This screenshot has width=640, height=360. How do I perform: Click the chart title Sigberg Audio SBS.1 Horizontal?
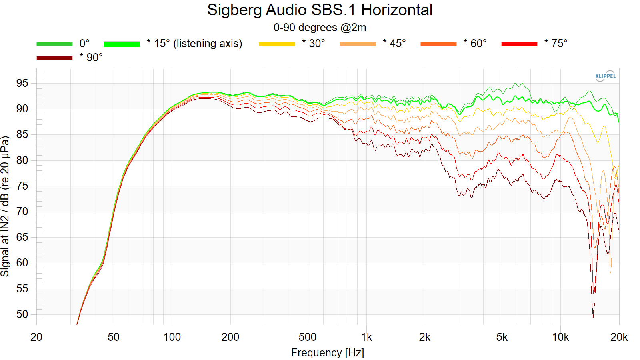(x=320, y=10)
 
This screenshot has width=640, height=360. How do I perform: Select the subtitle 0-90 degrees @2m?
(x=320, y=28)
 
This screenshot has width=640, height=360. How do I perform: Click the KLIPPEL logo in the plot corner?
(x=605, y=76)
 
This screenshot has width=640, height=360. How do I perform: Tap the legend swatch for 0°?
(x=54, y=44)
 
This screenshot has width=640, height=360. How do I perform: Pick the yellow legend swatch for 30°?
(x=277, y=44)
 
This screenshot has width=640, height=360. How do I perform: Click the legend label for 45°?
(x=394, y=44)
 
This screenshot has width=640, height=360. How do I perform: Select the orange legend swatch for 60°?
(x=438, y=44)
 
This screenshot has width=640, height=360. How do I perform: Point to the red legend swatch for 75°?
(x=519, y=44)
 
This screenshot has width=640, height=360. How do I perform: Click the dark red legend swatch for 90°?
(x=54, y=58)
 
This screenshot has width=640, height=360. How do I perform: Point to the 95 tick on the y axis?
(x=22, y=83)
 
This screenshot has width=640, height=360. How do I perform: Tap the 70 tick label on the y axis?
(x=22, y=212)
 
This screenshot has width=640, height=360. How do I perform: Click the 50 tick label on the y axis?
(x=22, y=314)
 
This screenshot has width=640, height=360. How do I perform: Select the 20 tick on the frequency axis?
(x=36, y=337)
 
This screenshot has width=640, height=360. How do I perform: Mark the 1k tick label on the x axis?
(x=366, y=337)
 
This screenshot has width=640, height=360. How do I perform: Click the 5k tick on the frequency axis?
(x=502, y=337)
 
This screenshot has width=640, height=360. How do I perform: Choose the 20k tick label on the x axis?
(x=619, y=337)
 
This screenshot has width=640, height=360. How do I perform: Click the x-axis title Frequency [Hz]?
(x=327, y=353)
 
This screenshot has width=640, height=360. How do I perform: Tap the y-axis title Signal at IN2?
(x=5, y=206)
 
